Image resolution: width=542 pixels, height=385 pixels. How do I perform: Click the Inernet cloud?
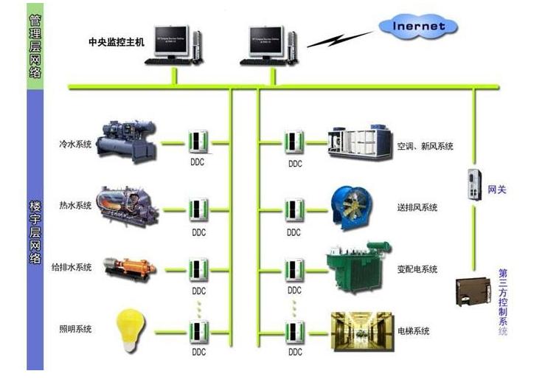pyautogui.click(x=417, y=27)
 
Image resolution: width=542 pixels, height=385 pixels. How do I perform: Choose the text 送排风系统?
pyautogui.click(x=417, y=207)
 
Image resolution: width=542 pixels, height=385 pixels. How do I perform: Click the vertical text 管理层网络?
pyautogui.click(x=35, y=46)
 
